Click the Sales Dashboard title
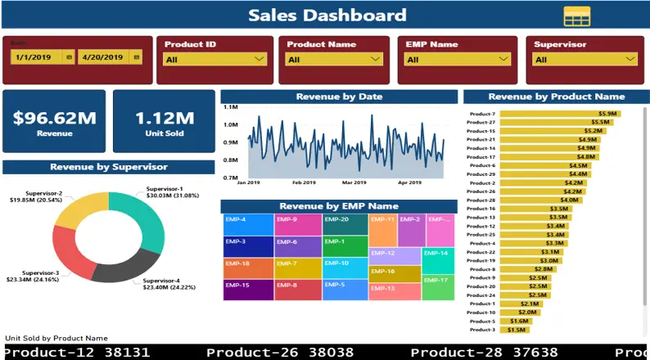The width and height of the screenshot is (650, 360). pos(327,15)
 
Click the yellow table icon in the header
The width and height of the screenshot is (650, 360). pos(576,16)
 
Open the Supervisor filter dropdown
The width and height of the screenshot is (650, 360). pos(585,59)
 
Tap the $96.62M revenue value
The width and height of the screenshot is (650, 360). pos(54,117)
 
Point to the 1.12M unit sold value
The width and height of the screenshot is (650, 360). pos(165,117)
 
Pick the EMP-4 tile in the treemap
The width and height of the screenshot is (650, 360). pos(247,224)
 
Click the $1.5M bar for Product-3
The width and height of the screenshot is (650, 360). pos(514,330)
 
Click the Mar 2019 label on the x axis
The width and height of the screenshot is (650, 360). pos(354,183)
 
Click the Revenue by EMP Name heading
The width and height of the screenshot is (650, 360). pos(338,206)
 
